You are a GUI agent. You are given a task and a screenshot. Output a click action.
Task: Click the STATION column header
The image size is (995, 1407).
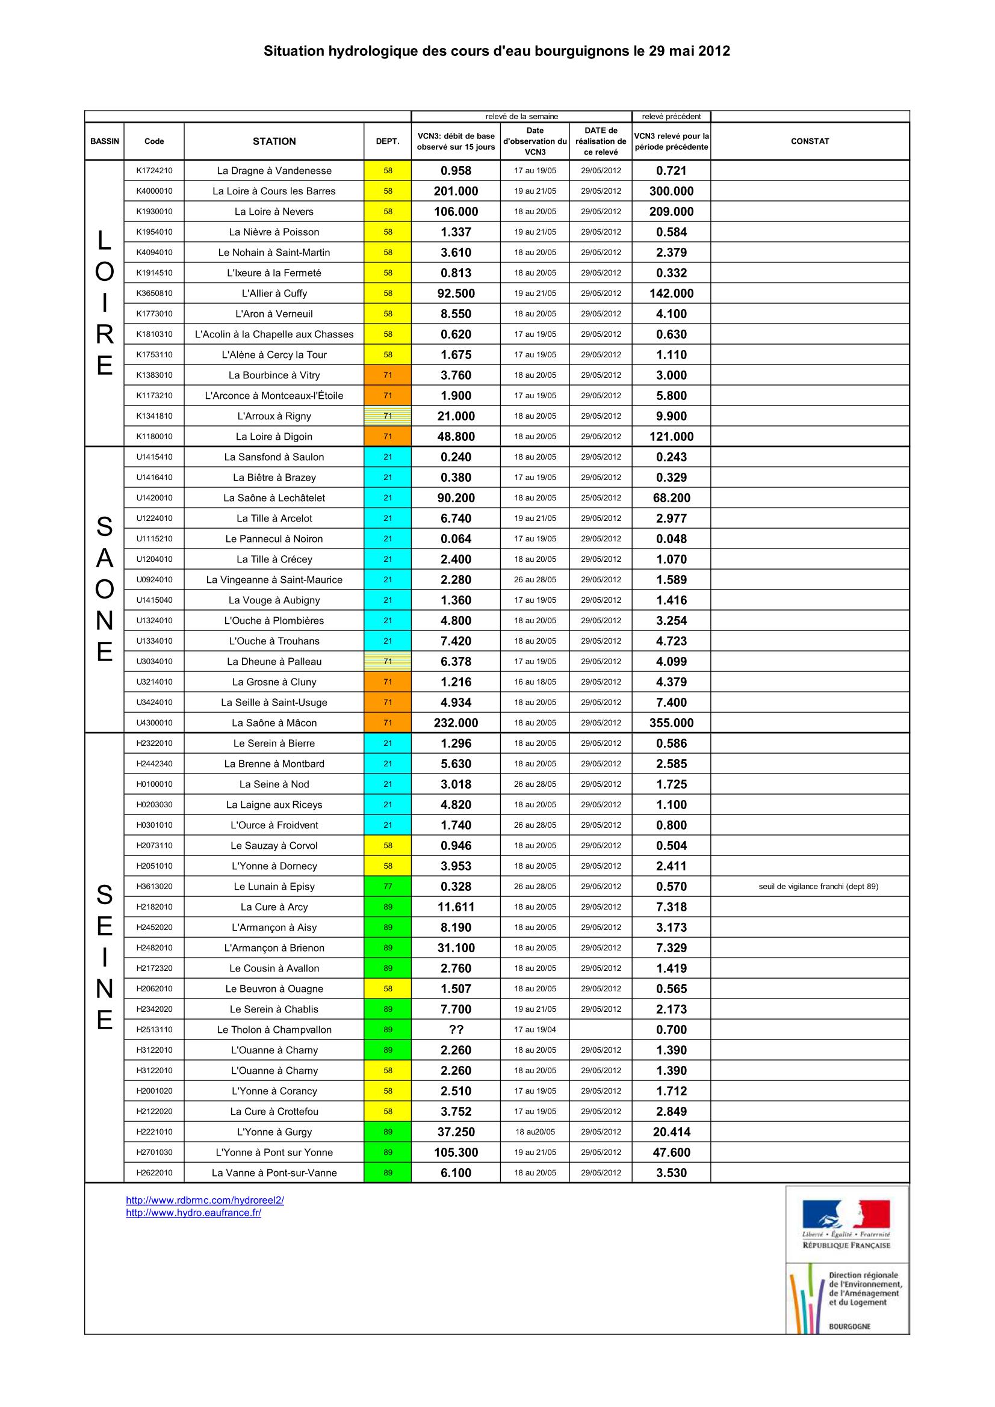(x=274, y=141)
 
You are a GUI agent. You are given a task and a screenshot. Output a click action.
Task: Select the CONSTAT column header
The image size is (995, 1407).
(x=809, y=141)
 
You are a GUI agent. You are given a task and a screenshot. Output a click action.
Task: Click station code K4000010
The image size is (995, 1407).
(x=154, y=191)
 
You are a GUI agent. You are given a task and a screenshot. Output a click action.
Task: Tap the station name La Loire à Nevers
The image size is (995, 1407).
(x=274, y=211)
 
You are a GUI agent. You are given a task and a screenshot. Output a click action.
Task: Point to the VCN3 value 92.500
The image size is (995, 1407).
(x=456, y=294)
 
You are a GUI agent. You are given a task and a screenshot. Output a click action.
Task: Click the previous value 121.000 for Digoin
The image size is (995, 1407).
(x=671, y=437)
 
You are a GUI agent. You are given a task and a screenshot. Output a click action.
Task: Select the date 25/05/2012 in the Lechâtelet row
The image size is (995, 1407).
(x=601, y=497)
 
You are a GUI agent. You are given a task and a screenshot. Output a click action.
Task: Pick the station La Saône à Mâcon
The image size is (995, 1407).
(x=274, y=723)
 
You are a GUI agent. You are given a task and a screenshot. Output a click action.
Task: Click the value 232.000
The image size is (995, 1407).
(x=456, y=723)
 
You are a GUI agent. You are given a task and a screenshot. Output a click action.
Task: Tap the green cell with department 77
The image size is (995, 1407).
(x=388, y=886)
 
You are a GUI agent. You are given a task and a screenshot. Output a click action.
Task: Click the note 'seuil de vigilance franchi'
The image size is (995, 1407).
(x=818, y=886)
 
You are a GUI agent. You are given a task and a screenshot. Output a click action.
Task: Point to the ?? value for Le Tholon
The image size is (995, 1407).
(x=456, y=1029)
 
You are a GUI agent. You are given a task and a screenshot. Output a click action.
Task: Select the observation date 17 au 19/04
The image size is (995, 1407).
(x=535, y=1029)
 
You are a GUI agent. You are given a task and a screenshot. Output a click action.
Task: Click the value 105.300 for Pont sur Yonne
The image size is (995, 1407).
(x=456, y=1152)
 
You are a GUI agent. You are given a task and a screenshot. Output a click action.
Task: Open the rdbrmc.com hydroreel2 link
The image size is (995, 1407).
(x=205, y=1201)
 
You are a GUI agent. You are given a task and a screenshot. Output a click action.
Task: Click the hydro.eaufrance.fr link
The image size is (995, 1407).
(x=193, y=1213)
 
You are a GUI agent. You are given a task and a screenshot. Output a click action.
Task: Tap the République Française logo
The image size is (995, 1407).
(x=846, y=1224)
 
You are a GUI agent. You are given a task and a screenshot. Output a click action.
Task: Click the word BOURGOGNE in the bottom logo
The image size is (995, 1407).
(x=849, y=1326)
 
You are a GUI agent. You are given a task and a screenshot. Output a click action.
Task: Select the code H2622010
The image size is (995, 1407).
(x=154, y=1173)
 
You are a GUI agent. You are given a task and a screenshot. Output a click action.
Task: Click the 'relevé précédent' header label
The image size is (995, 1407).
(x=671, y=117)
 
